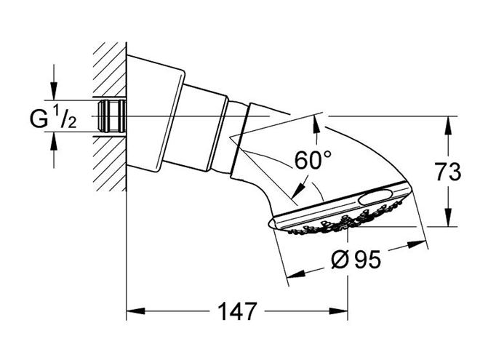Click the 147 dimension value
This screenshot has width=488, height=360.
(x=238, y=311)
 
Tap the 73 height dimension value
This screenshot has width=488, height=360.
(x=448, y=172)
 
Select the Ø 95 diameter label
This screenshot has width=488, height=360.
(x=356, y=259)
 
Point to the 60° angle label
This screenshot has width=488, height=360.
(x=313, y=160)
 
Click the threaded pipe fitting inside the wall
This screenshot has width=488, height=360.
(x=111, y=116)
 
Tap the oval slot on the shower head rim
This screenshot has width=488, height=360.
(x=375, y=197)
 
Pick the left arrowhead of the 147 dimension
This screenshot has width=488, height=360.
(x=136, y=311)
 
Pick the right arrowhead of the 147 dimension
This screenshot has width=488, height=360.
(x=338, y=311)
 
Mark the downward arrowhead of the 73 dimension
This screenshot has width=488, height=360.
(x=448, y=217)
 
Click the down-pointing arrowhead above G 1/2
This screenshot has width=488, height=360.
(x=54, y=91)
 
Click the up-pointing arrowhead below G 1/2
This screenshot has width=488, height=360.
(x=54, y=140)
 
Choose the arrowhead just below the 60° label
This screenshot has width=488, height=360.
(x=297, y=191)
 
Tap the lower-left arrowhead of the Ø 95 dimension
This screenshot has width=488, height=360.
(x=296, y=274)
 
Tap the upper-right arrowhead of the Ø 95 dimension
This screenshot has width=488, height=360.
(x=417, y=244)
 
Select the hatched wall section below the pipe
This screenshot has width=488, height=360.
(x=110, y=164)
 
